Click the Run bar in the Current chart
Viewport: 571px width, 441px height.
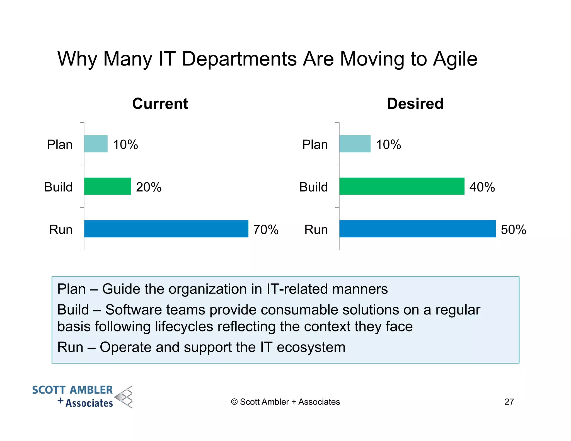coord(166,229)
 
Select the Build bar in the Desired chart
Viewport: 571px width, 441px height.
coord(402,186)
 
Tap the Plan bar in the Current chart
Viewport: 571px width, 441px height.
coord(96,144)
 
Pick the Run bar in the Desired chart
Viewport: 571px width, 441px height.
coord(417,229)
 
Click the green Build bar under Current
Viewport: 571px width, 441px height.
coord(107,186)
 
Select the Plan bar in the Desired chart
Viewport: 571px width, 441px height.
coord(355,144)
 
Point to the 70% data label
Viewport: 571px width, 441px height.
coord(266,230)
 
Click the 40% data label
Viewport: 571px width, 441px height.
coord(482,187)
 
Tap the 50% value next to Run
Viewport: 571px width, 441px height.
coord(513,230)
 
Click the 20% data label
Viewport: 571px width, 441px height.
coord(149,187)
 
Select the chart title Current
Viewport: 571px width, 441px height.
coord(160,104)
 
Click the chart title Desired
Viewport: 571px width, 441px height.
coord(415,104)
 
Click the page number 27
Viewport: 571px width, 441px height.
coord(509,402)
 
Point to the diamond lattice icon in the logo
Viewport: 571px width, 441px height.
coord(124,397)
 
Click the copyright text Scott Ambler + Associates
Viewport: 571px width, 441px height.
coord(285,402)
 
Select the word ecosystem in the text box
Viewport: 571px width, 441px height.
coord(311,347)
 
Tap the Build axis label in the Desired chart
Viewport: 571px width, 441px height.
coord(313,187)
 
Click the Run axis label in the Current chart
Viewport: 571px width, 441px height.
coord(61,230)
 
